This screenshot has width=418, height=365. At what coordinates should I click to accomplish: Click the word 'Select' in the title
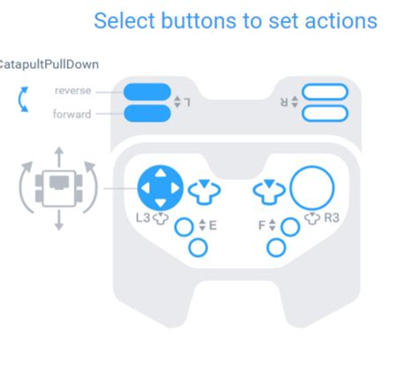123,20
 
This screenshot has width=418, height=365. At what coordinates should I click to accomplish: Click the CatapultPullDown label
49,64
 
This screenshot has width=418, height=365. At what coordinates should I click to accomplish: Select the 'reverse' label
72,91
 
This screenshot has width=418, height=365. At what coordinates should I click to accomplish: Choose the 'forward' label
72,113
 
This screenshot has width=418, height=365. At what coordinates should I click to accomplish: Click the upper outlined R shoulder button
325,92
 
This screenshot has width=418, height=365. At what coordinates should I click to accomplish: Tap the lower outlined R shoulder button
325,112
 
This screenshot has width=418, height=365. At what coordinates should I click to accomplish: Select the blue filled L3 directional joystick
160,188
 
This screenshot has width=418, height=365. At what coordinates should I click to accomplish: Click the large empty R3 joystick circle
311,188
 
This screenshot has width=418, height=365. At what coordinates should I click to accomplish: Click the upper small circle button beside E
183,227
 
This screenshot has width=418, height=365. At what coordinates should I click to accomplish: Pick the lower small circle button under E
198,248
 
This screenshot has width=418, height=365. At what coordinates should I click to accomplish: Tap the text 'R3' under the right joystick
332,218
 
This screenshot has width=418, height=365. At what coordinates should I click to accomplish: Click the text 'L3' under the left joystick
143,218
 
